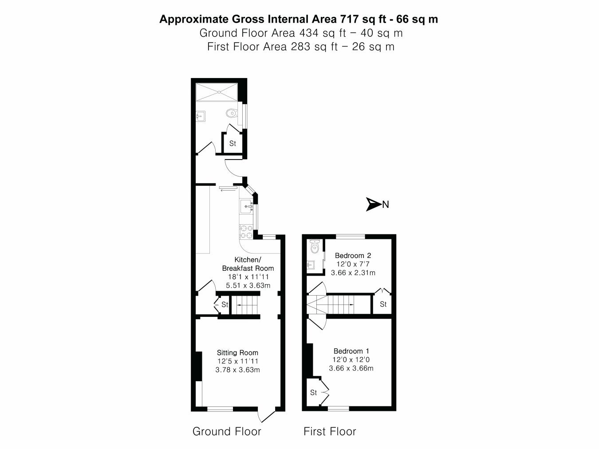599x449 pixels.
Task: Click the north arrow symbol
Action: pyautogui.click(x=373, y=204)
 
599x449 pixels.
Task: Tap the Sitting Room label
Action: pyautogui.click(x=237, y=353)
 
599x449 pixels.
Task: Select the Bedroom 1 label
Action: pyautogui.click(x=351, y=351)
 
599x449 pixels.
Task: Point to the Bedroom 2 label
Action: pyautogui.click(x=353, y=255)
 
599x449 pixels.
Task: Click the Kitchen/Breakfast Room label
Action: pyautogui.click(x=248, y=264)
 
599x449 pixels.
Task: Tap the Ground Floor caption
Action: pyautogui.click(x=227, y=431)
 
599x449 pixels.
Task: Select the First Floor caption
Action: pyautogui.click(x=330, y=431)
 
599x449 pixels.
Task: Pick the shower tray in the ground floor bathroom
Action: pyautogui.click(x=217, y=92)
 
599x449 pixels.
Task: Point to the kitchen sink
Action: pyautogui.click(x=247, y=206)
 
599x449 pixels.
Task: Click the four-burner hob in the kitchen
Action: pyautogui.click(x=246, y=231)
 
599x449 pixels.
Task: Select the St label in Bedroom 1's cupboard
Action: pyautogui.click(x=313, y=393)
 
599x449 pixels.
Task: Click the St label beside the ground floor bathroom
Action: pyautogui.click(x=233, y=144)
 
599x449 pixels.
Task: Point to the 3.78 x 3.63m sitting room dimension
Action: pyautogui.click(x=237, y=370)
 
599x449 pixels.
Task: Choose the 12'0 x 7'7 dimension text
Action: pyautogui.click(x=353, y=264)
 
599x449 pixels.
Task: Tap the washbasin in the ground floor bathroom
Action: pyautogui.click(x=200, y=117)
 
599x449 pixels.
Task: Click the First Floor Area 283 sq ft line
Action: pyautogui.click(x=301, y=47)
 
